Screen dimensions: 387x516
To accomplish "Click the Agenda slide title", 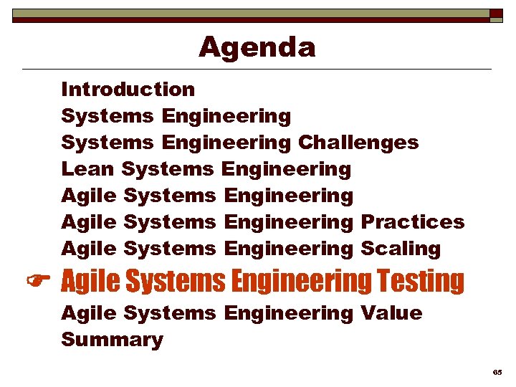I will tap(257, 47).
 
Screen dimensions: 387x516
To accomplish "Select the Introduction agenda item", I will tap(128, 90).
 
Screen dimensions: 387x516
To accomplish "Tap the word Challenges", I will tap(358, 143).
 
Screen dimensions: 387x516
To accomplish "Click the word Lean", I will tap(88, 169).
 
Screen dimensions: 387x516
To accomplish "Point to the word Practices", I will tap(412, 222).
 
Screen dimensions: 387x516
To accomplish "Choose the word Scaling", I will tap(401, 249).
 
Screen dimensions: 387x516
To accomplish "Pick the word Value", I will tap(391, 313).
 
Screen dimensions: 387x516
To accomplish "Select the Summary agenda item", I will tap(112, 340).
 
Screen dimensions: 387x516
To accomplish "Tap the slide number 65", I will tap(497, 373).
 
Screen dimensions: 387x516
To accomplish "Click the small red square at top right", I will tap(496, 14).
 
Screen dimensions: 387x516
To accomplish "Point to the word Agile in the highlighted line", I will tap(90, 281).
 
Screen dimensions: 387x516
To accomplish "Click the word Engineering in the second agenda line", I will tap(226, 116).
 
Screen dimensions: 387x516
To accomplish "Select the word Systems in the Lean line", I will tap(168, 169).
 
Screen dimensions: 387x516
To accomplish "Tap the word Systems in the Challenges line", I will tap(107, 143).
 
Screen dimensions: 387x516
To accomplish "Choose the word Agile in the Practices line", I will tap(89, 222).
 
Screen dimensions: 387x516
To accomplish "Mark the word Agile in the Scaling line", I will tap(89, 249).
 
